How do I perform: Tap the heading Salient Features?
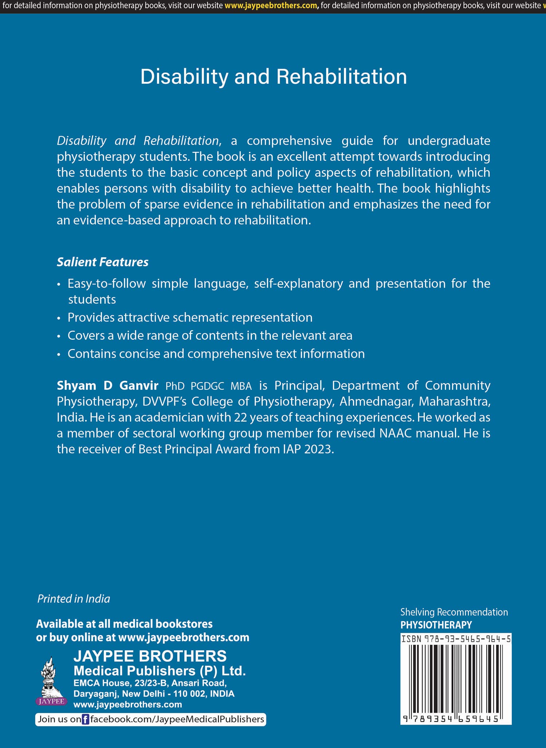coord(102,262)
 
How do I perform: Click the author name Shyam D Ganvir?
coord(107,385)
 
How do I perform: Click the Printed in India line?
coord(74,599)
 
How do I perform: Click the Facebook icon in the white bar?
coord(85,719)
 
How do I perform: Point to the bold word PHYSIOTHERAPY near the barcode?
coord(436,625)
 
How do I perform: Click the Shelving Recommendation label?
coord(454,612)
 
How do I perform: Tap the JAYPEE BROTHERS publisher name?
coord(150,656)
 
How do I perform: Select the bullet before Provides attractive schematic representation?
coord(59,318)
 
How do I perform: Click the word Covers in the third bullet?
coord(86,336)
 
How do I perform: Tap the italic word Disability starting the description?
coord(82,141)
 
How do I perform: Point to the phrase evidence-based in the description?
coord(117,220)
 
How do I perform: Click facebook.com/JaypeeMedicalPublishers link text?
coord(177,719)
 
